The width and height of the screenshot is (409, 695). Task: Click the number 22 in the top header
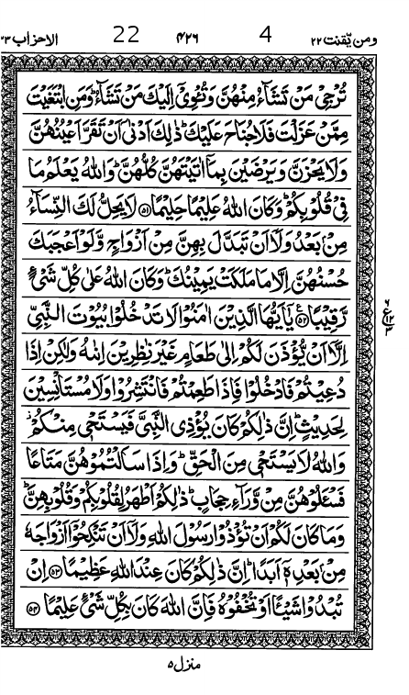tap(126, 35)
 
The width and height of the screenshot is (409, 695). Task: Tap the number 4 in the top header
tap(266, 35)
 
